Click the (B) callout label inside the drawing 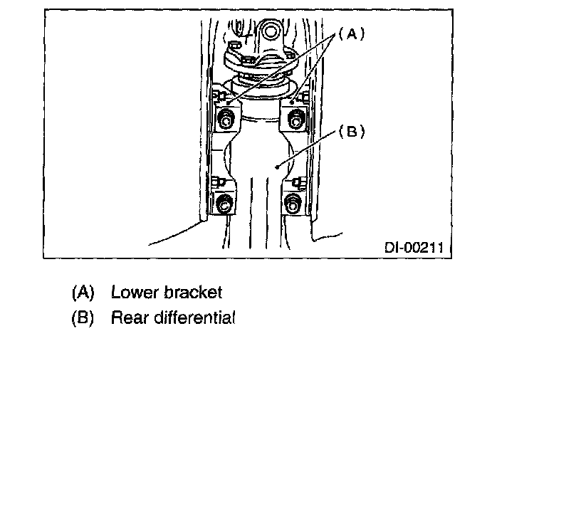tap(350, 132)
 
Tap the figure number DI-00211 tap(414, 248)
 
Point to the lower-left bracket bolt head tap(224, 204)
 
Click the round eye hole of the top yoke tap(270, 31)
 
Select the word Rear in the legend tap(126, 318)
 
